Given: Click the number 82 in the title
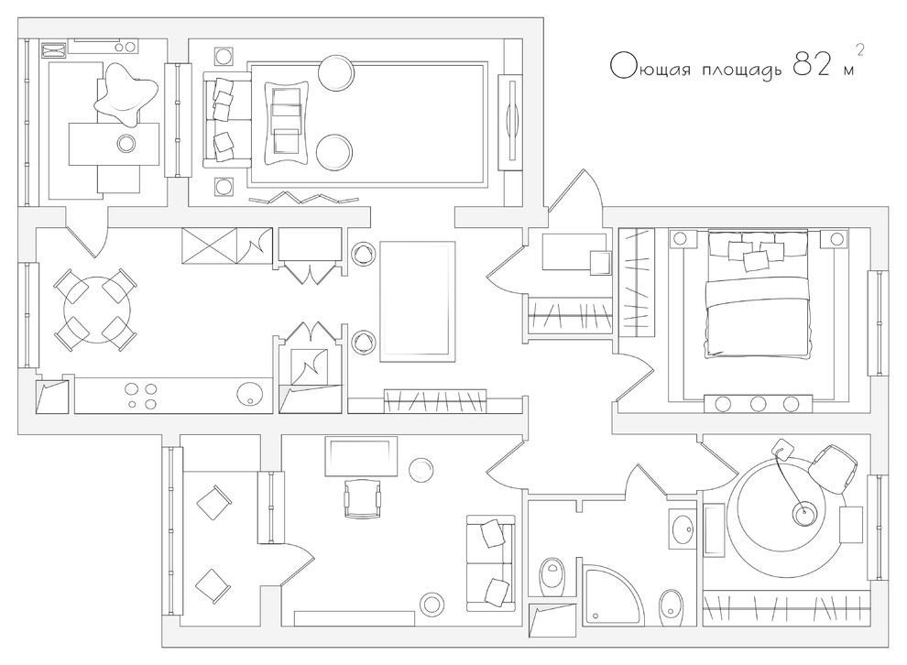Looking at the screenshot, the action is tap(811, 64).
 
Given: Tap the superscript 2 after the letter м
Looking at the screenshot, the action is tap(859, 50).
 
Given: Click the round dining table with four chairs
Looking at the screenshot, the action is tap(96, 310).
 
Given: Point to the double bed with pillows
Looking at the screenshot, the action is tap(757, 292).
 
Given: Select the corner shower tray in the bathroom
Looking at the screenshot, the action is tap(612, 595).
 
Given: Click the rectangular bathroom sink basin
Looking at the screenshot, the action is tap(683, 528).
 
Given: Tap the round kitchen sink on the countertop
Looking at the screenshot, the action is tap(250, 395).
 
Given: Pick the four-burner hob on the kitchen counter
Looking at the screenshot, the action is tap(142, 396).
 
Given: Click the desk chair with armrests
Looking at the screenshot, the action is tap(363, 498).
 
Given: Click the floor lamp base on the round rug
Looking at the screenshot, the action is tap(804, 512).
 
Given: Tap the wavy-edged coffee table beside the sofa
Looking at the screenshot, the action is tap(287, 123).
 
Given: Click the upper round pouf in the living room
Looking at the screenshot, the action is tap(335, 73).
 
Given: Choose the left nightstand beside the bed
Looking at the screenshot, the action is tap(681, 238).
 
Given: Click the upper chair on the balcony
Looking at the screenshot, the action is tap(214, 502).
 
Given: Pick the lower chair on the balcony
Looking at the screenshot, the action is tap(213, 585).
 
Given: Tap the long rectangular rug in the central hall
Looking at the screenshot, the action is tap(417, 302).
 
